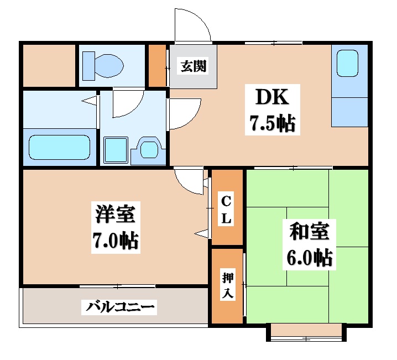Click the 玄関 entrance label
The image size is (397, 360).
(x=192, y=66)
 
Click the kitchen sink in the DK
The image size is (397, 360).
(x=348, y=63)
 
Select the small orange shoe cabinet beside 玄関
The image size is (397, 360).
(x=158, y=66)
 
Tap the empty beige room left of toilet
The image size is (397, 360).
(x=49, y=66)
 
